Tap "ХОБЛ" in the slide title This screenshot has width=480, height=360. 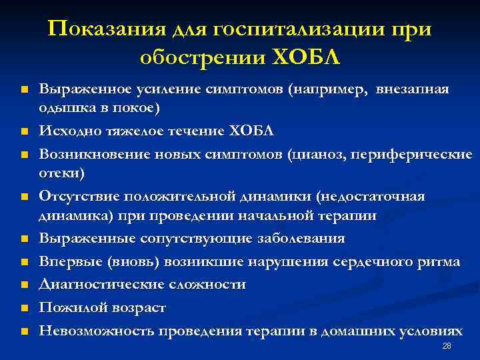pyautogui.click(x=307, y=57)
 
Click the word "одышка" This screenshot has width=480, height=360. pyautogui.click(x=60, y=108)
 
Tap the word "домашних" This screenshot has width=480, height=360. pyautogui.click(x=362, y=331)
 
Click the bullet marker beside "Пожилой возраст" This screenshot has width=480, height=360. pyautogui.click(x=24, y=309)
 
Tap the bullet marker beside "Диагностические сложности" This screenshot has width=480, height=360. pyautogui.click(x=24, y=285)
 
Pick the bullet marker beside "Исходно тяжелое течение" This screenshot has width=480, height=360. pyautogui.click(x=24, y=131)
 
